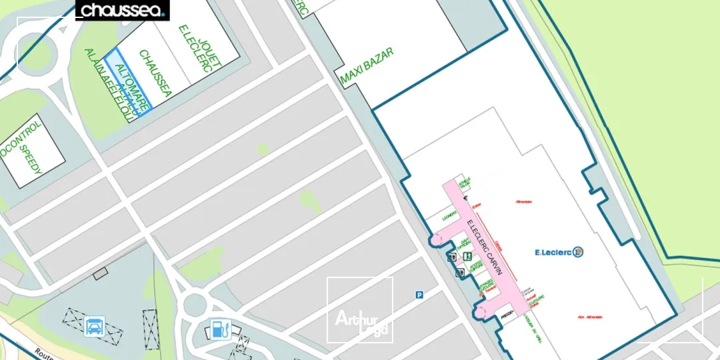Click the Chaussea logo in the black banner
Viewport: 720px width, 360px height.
(123, 10)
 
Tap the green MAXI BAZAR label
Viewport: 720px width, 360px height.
(367, 66)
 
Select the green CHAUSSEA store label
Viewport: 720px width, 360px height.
(155, 74)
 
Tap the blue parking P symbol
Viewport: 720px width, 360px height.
(419, 295)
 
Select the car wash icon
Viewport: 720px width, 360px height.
(95, 327)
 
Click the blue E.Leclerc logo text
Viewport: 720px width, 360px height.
(554, 252)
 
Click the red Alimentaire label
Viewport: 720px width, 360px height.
(524, 201)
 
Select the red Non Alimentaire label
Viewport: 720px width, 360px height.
(572, 317)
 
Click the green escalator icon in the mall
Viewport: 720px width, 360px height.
(467, 256)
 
